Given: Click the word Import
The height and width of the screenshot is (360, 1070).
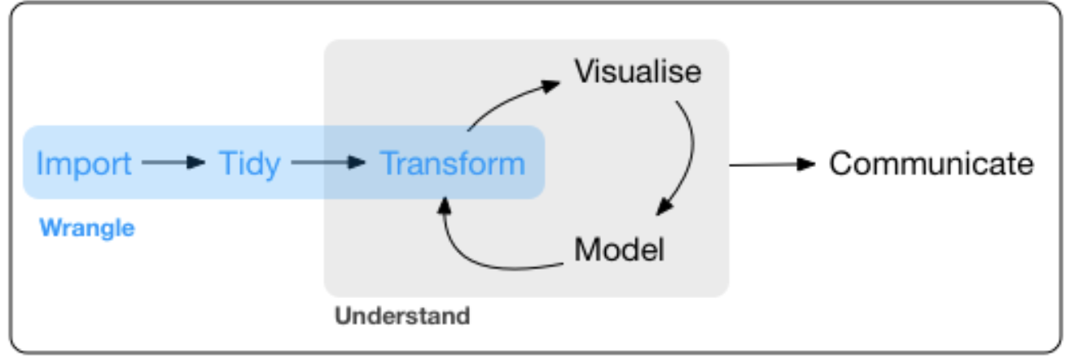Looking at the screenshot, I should coord(84,164).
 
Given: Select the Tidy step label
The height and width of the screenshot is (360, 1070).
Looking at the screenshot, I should coord(250,164).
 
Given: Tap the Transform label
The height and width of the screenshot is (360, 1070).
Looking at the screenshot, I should coord(454,164).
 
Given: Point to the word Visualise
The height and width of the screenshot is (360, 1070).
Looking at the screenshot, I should coord(638,72).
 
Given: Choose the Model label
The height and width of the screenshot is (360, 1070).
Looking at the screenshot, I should coord(619,249).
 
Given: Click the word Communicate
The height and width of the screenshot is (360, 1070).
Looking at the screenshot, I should coord(931,164).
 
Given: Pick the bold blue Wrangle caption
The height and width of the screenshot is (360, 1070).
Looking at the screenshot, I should coord(86,227).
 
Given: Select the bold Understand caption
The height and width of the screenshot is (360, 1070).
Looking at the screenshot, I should coord(402,315).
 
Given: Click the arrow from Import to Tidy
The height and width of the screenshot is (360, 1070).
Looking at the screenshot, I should coord(172,163).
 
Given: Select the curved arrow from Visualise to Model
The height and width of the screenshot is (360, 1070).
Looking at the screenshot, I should coord(688,155).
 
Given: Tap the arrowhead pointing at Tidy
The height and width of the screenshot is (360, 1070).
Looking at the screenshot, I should coord(195,163).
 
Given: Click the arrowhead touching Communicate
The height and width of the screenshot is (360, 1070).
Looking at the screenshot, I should coord(806,165).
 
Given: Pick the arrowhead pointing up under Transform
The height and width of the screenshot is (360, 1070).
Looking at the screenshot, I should coord(443,204).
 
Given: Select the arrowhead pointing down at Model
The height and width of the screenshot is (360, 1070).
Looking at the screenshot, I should coord(664,209).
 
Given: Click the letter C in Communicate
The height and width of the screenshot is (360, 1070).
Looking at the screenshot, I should coord(840,164).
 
